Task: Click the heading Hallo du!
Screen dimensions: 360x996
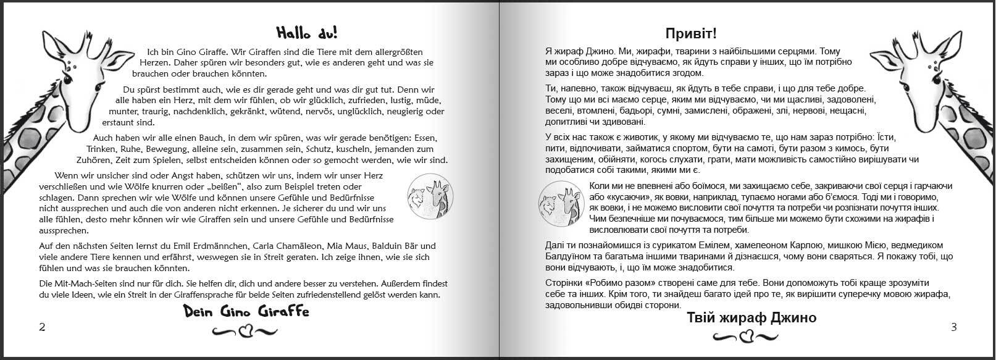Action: (x=307, y=32)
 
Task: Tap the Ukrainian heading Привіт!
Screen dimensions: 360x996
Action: (x=691, y=33)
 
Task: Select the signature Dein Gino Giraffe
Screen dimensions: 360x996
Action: (x=246, y=312)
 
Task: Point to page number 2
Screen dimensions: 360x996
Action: (x=42, y=327)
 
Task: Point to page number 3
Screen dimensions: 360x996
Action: (x=953, y=327)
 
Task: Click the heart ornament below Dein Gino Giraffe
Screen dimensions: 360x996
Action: (x=245, y=332)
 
